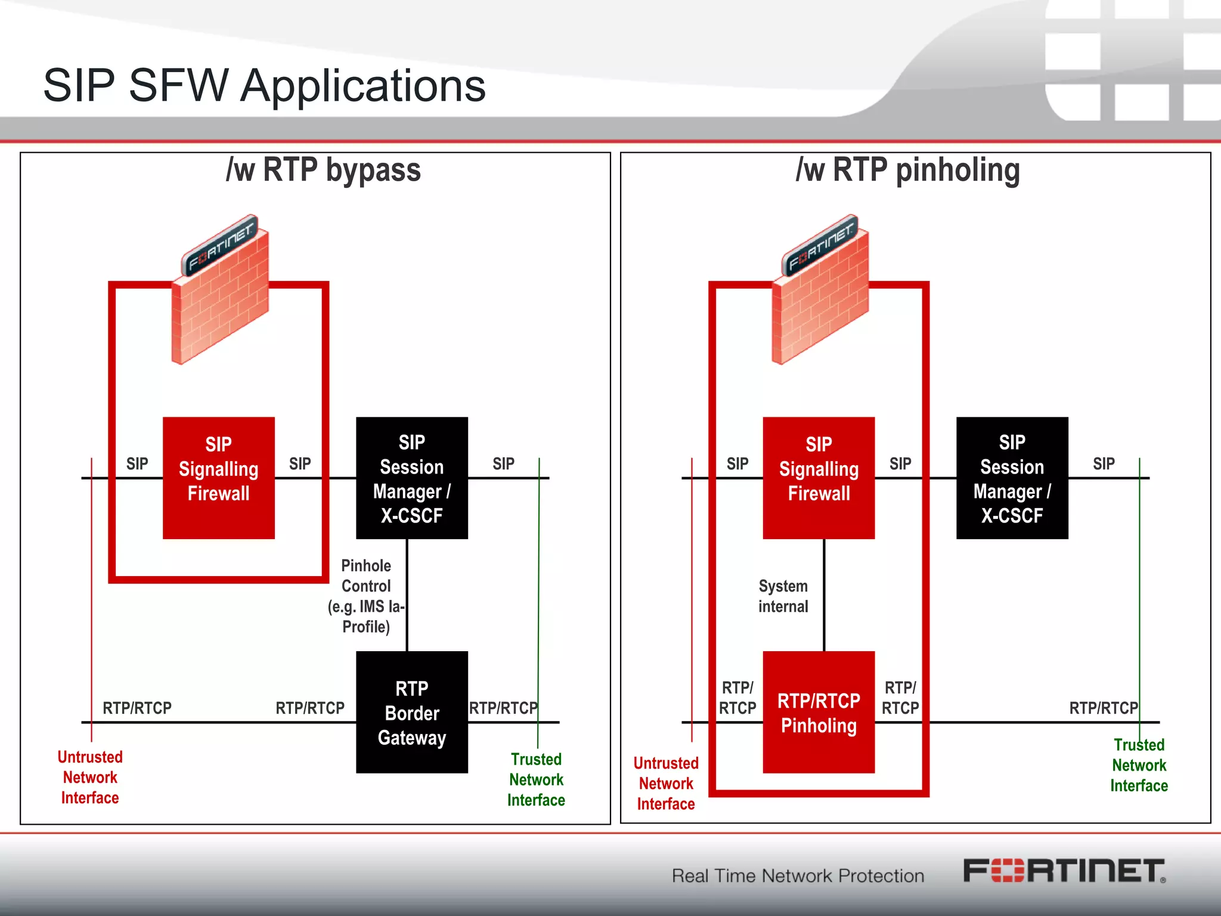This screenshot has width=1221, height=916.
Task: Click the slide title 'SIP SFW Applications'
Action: (264, 85)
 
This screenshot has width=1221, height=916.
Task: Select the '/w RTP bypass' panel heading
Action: (323, 170)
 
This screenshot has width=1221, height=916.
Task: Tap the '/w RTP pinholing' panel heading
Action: (907, 170)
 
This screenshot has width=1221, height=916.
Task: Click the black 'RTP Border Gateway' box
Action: (411, 712)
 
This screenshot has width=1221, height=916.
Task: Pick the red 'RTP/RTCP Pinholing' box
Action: (819, 712)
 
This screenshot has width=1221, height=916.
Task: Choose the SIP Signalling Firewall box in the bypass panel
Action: (218, 478)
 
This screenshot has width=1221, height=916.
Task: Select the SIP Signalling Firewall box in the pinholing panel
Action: (819, 478)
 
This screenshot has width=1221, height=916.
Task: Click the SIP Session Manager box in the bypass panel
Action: (411, 478)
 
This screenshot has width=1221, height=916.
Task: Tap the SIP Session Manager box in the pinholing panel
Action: (1012, 478)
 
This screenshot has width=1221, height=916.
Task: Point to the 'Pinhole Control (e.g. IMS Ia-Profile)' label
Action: (365, 596)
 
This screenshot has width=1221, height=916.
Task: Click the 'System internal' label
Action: (783, 596)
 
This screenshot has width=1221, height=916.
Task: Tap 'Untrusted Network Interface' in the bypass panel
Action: (90, 777)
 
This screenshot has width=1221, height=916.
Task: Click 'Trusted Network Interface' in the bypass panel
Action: (536, 779)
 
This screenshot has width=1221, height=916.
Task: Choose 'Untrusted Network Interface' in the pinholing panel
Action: (666, 783)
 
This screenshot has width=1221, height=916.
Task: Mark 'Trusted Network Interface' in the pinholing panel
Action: (1139, 765)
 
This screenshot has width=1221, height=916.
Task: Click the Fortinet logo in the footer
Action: (1064, 871)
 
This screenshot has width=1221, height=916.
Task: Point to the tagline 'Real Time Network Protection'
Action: (798, 875)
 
